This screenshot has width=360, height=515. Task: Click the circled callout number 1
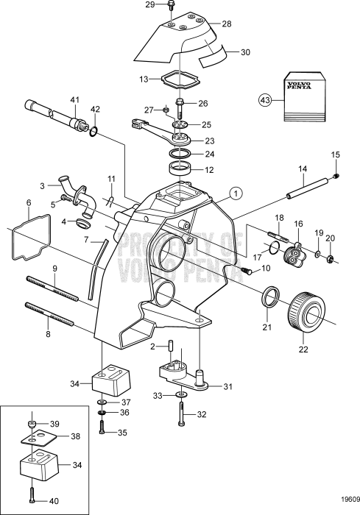[x=236, y=194]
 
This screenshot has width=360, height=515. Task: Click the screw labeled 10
[x=247, y=270]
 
